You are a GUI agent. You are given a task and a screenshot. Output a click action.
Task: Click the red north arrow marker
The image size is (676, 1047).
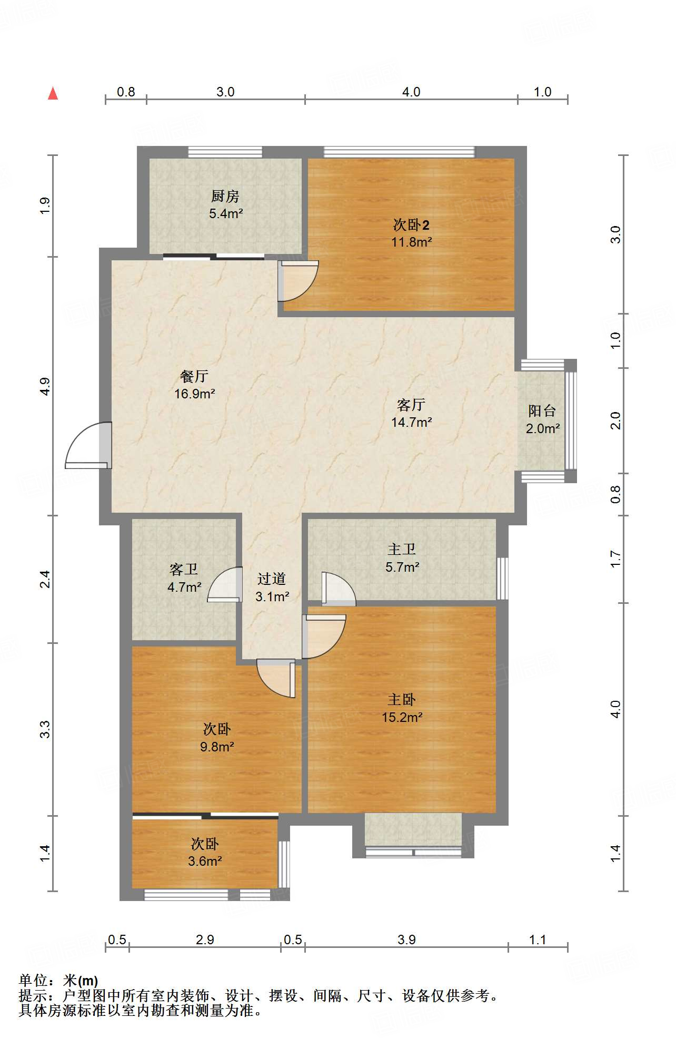click(53, 94)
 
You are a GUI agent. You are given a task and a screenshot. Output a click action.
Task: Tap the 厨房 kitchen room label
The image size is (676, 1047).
click(225, 197)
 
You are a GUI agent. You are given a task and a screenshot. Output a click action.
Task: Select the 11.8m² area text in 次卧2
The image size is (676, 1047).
click(411, 242)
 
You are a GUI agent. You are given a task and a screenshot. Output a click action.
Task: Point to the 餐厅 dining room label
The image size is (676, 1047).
click(194, 376)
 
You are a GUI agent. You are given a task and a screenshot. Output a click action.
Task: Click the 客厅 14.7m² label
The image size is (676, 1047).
click(411, 414)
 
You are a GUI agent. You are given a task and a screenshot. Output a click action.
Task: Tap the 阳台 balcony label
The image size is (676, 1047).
click(542, 411)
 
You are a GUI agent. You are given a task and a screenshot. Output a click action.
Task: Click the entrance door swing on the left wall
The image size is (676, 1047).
click(87, 446)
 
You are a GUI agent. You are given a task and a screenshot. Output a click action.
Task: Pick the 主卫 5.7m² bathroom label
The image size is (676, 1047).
click(402, 559)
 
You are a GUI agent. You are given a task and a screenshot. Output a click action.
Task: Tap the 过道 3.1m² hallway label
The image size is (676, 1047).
click(272, 588)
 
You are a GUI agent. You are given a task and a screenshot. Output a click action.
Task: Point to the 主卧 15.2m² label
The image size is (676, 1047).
click(402, 708)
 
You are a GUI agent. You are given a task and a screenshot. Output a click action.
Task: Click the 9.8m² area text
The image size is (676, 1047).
click(217, 747)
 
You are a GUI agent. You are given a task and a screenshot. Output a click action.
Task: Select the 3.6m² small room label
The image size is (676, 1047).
click(205, 861)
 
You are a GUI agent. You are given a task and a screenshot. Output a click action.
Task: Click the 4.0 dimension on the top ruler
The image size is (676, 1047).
click(411, 92)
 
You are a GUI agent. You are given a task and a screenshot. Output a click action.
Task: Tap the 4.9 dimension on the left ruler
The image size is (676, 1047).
click(45, 386)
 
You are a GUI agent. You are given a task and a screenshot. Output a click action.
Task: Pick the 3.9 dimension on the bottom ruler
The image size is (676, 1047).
click(406, 940)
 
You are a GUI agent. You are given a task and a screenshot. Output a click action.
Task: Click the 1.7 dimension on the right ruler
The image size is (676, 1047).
click(616, 559)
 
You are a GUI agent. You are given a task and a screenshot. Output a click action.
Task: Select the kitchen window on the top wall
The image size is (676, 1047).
click(225, 152)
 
